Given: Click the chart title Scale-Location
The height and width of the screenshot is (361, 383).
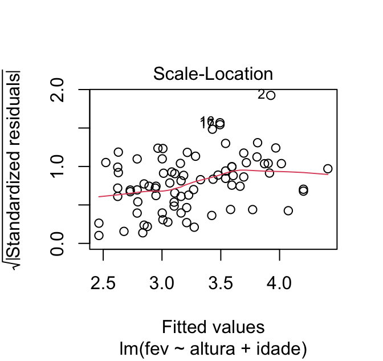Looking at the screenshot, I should tap(213, 74).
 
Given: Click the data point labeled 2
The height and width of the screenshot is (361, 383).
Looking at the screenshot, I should tap(271, 95).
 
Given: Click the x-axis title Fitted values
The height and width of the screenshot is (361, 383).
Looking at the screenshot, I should tap(213, 327).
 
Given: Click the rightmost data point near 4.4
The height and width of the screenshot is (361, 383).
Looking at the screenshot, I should tap(328, 169).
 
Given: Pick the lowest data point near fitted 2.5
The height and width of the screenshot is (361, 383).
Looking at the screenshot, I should tap(99, 236).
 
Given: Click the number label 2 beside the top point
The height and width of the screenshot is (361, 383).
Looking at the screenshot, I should tap(262, 95).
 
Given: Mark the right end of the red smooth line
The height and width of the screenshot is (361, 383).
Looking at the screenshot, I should tap(328, 175).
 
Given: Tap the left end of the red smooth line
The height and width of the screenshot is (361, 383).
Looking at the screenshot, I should tap(99, 197).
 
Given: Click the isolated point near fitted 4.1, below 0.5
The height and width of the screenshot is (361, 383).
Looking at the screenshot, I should tap(288, 210).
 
